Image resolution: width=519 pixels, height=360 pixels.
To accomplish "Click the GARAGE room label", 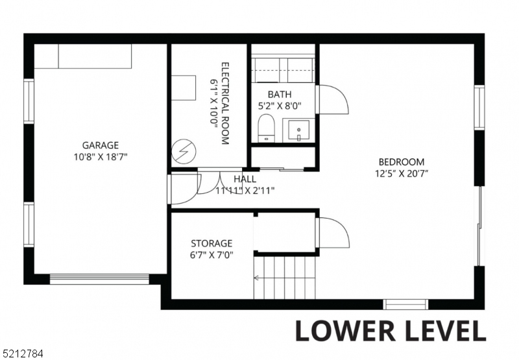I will click(x=100, y=145).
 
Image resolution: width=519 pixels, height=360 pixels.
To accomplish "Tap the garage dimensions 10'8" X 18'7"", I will click(x=100, y=156).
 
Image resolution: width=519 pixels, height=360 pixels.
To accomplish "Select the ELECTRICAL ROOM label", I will click(x=225, y=103).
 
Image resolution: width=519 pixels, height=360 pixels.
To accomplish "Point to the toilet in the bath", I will click(x=266, y=128).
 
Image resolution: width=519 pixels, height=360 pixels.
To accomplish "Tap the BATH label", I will click(x=280, y=94).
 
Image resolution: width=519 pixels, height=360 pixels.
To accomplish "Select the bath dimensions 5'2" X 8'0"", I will click(x=280, y=105).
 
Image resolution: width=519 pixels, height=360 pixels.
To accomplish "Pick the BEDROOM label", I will click(x=402, y=162).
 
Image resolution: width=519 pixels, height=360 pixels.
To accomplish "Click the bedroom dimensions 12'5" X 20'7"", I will click(x=402, y=173).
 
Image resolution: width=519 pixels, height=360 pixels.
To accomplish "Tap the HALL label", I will click(x=245, y=179).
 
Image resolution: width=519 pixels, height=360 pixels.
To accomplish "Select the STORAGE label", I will click(x=211, y=243).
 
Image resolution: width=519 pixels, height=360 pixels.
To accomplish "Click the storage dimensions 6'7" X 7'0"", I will click(x=211, y=255).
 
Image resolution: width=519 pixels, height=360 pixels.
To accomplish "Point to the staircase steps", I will click(x=285, y=276).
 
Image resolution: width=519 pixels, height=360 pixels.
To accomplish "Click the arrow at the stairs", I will click(x=258, y=278).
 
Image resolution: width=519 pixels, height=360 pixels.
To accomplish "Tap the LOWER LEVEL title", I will click(x=390, y=330).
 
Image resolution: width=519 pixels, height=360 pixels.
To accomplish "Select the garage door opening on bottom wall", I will click(x=99, y=280).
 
